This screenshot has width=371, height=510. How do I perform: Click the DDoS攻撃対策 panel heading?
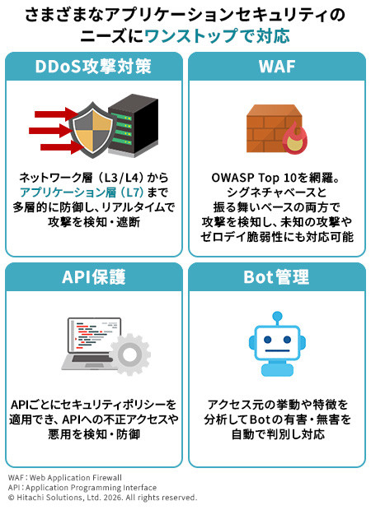tap(93, 67)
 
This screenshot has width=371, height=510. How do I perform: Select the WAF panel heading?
tap(277, 67)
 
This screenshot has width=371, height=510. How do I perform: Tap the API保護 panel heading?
tap(93, 277)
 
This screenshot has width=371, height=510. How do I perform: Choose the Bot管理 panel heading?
tap(276, 277)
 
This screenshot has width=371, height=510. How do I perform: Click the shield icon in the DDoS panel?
tap(92, 129)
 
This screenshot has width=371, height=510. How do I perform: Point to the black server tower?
tap(133, 125)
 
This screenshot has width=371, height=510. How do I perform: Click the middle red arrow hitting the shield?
tap(51, 131)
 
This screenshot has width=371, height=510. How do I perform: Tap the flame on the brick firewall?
tap(295, 138)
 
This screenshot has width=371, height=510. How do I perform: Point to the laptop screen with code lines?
tap(94, 336)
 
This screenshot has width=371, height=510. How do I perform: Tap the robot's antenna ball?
tap(277, 315)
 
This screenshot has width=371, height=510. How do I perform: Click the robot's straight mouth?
tap(277, 351)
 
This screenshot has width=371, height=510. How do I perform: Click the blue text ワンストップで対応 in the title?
tap(217, 35)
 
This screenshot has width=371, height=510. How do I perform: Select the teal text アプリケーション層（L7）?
tap(82, 192)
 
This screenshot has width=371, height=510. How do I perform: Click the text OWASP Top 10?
tap(254, 178)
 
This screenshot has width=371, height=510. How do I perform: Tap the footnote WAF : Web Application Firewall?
tap(65, 477)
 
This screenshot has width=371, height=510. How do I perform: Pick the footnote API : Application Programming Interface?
tap(82, 488)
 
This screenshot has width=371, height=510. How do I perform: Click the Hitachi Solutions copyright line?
tap(103, 498)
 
